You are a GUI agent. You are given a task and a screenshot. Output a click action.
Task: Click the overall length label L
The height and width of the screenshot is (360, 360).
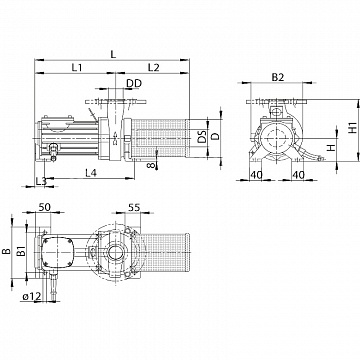pyautogui.click(x=113, y=54)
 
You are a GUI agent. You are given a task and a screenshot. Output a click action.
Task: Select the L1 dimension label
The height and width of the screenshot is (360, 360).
pyautogui.click(x=77, y=68)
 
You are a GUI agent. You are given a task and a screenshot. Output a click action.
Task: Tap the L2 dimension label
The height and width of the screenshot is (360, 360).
pyautogui.click(x=154, y=68)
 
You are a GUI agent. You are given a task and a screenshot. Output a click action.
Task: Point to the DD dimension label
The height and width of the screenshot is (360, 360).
pyautogui.click(x=134, y=83)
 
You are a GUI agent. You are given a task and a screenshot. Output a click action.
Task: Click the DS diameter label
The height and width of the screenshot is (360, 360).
pyautogui.click(x=202, y=137)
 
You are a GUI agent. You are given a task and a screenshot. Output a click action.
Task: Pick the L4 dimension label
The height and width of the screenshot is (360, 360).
pyautogui.click(x=91, y=173)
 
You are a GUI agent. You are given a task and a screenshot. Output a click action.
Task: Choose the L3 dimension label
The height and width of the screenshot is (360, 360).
pyautogui.click(x=41, y=181)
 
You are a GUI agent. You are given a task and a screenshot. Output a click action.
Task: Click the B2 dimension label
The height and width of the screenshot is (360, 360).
pyautogui.click(x=278, y=77)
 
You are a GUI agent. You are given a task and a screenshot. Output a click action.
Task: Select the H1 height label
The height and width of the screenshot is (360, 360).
pyautogui.click(x=353, y=128)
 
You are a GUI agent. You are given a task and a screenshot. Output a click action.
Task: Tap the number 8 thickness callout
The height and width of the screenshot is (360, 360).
pyautogui.click(x=153, y=164)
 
